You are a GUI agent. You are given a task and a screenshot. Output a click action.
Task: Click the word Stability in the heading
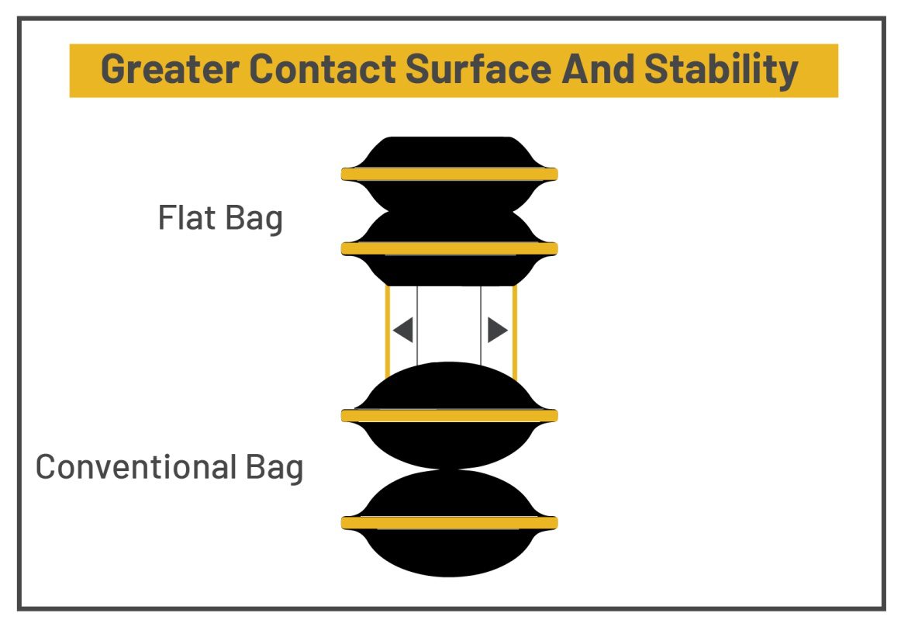click(x=721, y=70)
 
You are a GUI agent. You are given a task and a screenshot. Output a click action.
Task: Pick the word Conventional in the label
click(x=136, y=467)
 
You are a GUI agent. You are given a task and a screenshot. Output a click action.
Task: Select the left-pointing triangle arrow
click(x=403, y=331)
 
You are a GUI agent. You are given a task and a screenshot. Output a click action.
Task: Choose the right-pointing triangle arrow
click(x=496, y=331)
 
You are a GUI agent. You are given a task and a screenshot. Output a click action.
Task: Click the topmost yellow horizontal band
click(x=449, y=174)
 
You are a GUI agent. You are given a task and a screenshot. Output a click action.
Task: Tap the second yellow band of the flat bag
click(x=449, y=248)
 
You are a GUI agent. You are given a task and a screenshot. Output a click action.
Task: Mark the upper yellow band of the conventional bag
click(x=449, y=416)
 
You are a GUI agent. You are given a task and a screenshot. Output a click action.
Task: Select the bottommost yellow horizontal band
click(x=449, y=523)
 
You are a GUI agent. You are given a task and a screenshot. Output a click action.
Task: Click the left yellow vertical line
click(x=387, y=330)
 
